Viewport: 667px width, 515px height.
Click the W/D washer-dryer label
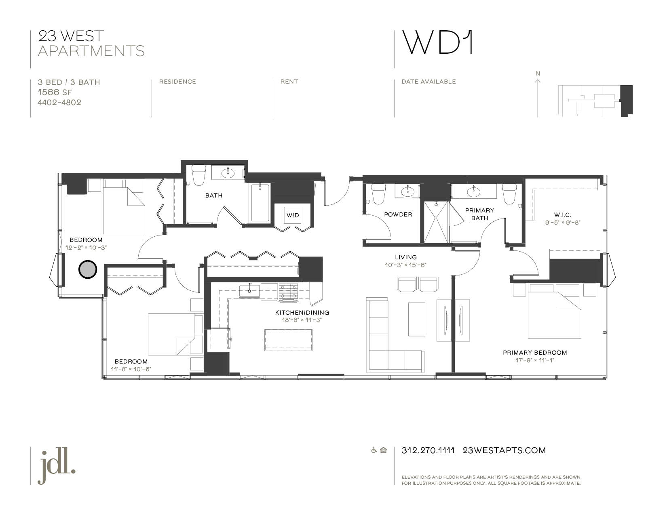click(x=293, y=215)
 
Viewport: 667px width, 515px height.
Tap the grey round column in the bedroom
click(x=87, y=269)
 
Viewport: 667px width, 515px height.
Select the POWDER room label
click(x=398, y=214)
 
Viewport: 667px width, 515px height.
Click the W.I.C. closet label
click(x=562, y=215)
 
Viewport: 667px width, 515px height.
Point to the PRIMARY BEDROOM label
click(x=534, y=353)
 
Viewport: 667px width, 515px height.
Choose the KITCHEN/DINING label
click(x=302, y=313)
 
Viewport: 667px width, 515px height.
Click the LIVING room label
click(x=405, y=257)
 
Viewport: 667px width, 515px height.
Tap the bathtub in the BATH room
click(x=260, y=202)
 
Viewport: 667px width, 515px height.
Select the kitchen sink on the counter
click(x=249, y=290)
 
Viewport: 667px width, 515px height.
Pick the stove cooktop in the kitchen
click(x=288, y=292)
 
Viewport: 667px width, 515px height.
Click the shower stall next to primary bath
click(x=436, y=222)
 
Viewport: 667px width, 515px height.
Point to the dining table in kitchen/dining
click(x=288, y=340)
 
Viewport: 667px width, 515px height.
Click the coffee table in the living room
click(x=416, y=319)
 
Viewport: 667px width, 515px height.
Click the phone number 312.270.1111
click(x=428, y=450)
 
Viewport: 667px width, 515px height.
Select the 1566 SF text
click(x=55, y=92)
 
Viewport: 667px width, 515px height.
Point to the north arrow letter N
click(x=538, y=74)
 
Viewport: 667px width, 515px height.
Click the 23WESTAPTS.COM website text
click(x=504, y=450)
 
